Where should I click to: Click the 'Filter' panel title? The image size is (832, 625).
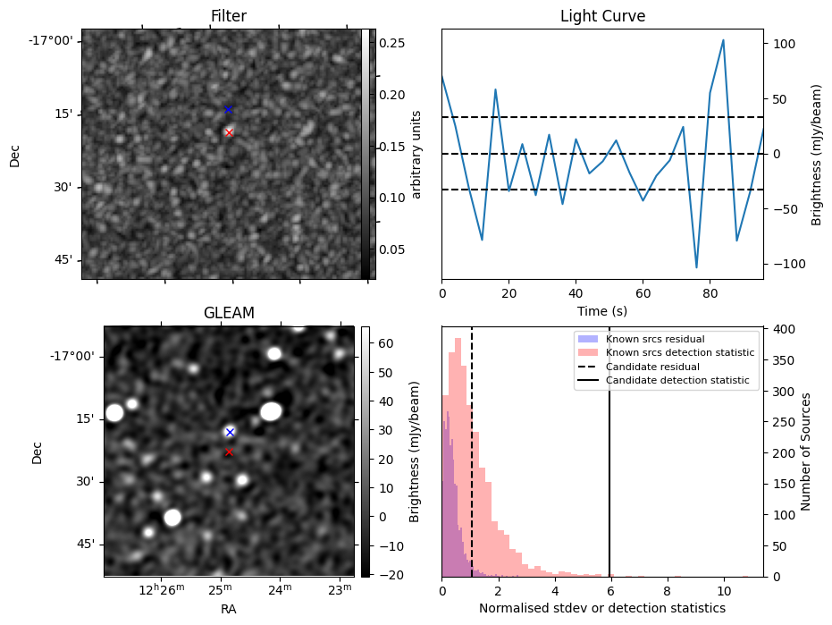[228, 16]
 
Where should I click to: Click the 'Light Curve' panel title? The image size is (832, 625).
[602, 16]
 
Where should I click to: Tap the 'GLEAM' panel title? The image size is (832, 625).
[229, 313]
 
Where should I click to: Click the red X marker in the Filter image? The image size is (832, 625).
[229, 132]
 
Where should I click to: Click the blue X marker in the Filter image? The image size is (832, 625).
[228, 110]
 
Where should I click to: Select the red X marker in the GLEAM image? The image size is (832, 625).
[229, 452]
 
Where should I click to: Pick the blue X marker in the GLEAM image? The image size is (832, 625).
[230, 432]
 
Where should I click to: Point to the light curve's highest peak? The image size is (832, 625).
[723, 40]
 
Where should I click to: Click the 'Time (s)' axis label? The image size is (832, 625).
[602, 309]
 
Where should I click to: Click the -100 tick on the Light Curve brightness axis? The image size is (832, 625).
[782, 264]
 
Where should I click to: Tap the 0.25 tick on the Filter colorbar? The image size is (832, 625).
[392, 43]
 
